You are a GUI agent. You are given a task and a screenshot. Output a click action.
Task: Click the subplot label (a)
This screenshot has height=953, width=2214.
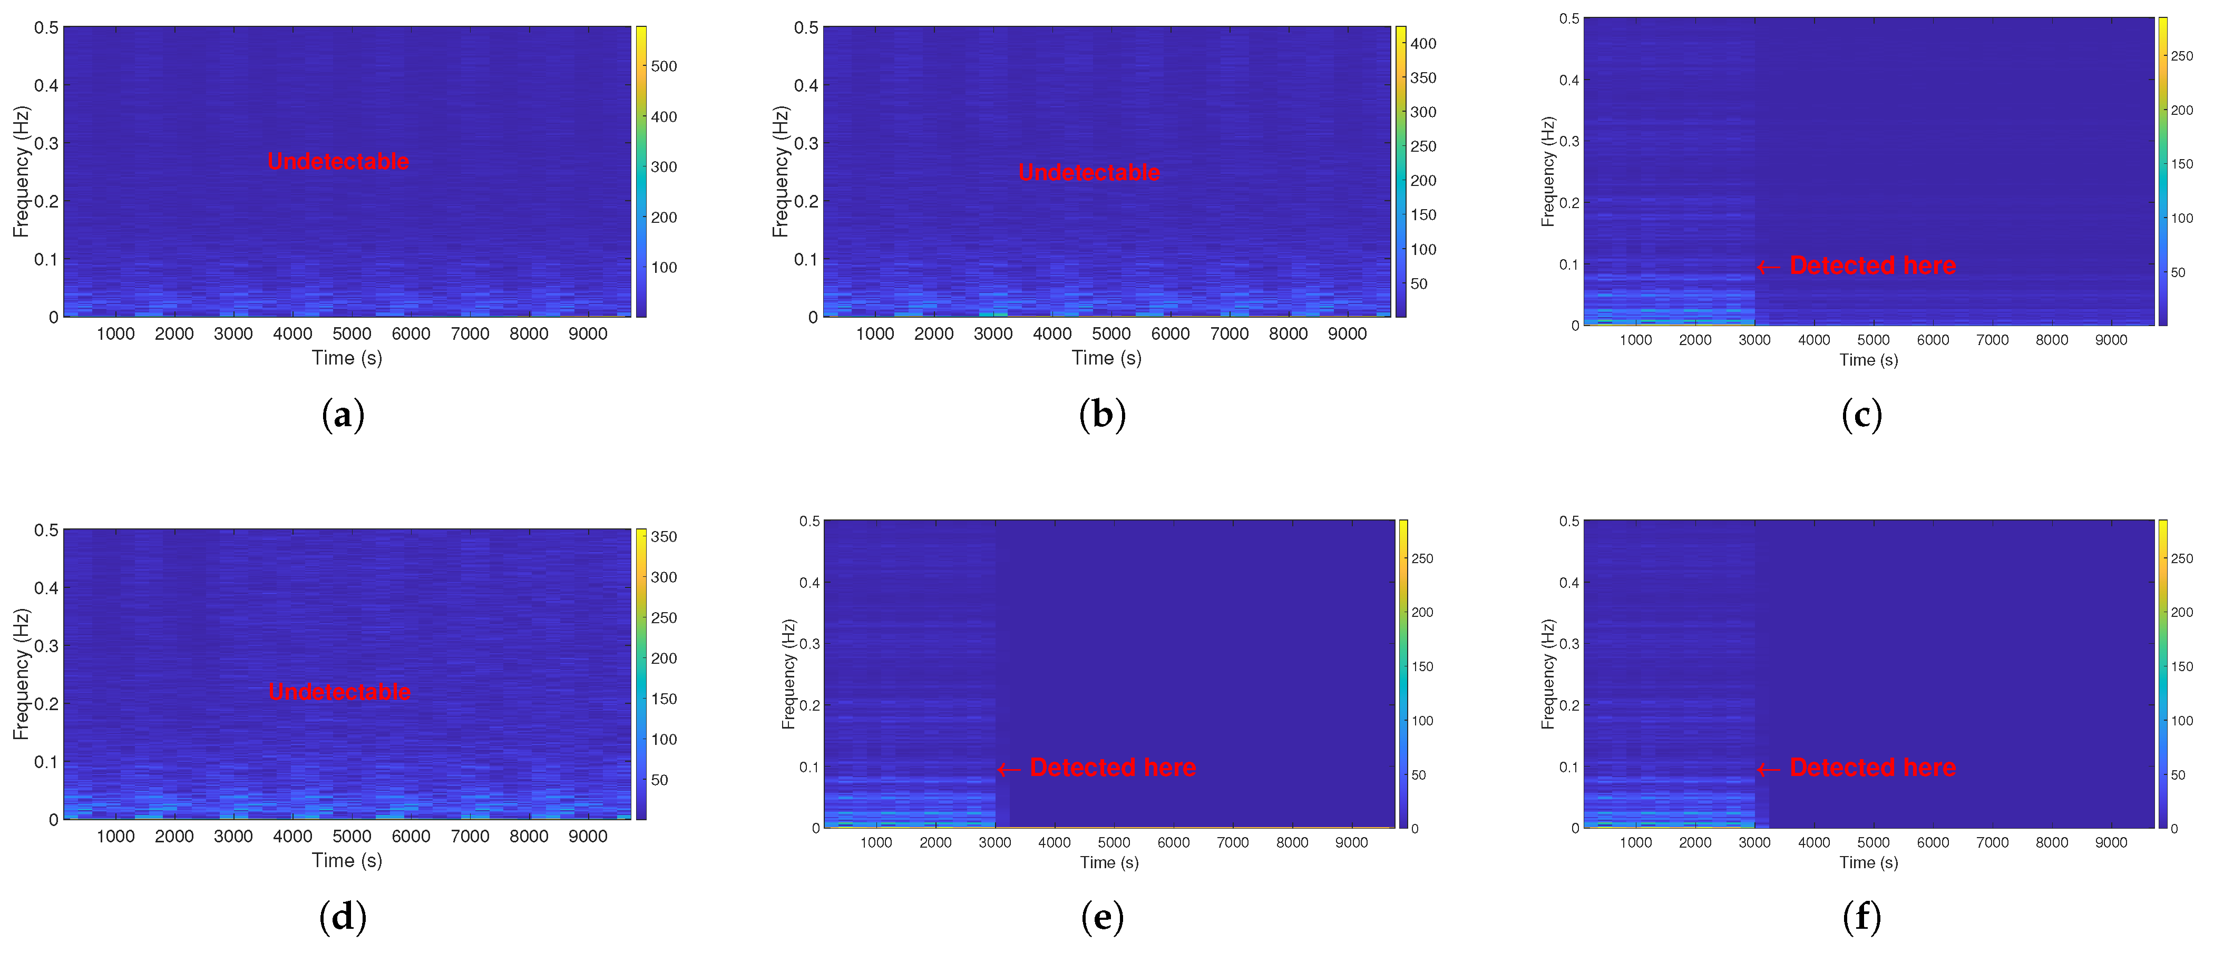tap(343, 415)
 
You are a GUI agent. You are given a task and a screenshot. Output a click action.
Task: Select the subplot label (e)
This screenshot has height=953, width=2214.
tap(1102, 918)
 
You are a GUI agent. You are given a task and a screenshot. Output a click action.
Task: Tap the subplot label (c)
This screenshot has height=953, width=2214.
tap(1861, 415)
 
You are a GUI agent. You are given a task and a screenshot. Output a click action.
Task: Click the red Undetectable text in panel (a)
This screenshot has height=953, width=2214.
tap(339, 162)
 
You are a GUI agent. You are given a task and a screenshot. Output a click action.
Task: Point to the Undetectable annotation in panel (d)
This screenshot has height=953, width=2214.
tap(339, 692)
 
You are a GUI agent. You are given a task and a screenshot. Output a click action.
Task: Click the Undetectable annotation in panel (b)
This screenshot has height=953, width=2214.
tap(1089, 173)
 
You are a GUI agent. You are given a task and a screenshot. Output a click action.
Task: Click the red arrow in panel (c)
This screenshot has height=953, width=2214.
tap(1769, 267)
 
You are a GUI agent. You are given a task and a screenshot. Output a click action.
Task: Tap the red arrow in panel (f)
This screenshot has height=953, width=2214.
tap(1769, 769)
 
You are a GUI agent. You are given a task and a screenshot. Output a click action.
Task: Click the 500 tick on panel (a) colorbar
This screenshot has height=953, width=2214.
tap(664, 66)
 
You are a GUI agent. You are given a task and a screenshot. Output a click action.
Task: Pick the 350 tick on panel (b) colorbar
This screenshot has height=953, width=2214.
tap(1423, 78)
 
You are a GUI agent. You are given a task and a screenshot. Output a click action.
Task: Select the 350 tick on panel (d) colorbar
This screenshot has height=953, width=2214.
tap(664, 537)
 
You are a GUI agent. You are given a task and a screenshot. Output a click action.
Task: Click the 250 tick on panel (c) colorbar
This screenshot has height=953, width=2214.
tap(2181, 56)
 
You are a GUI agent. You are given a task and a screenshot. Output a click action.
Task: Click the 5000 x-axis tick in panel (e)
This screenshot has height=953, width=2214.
tap(1114, 843)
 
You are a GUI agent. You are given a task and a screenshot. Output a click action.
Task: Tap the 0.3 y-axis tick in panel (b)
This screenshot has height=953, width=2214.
tap(806, 143)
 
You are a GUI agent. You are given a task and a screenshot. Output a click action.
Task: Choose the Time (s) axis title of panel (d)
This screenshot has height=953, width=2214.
tap(346, 860)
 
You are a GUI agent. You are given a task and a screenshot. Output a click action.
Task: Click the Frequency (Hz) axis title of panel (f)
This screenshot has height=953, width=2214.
tap(1548, 674)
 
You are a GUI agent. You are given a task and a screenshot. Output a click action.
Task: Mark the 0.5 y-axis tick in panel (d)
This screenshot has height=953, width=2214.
tap(46, 530)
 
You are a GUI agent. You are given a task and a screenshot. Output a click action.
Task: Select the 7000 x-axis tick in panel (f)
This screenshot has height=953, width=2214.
tap(1992, 843)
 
